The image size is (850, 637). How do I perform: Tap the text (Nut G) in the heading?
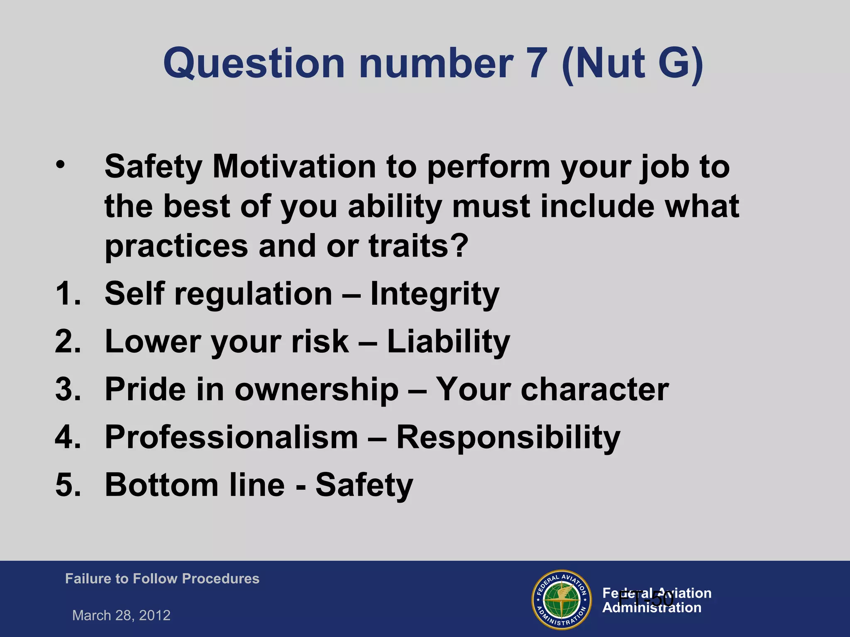point(632,63)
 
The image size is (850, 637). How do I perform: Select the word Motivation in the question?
point(294,167)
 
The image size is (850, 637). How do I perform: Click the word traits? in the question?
point(418,246)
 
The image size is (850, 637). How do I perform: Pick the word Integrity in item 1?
point(435,294)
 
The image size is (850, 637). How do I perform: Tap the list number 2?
point(68,341)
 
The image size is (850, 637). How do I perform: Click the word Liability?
point(448,341)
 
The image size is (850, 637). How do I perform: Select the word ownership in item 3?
point(316,389)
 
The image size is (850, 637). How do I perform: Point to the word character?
point(594,389)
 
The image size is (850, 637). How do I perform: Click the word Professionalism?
point(231,437)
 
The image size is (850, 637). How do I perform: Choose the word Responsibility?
point(508,437)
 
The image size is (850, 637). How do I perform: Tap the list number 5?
point(68,485)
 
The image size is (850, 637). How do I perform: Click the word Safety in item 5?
point(364,485)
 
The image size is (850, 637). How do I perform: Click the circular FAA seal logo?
point(562,600)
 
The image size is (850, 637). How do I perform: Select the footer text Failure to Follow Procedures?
point(162,579)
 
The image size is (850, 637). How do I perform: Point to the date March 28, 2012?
point(121,615)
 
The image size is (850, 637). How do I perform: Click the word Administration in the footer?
point(652,608)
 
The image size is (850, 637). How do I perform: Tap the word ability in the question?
point(395,206)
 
